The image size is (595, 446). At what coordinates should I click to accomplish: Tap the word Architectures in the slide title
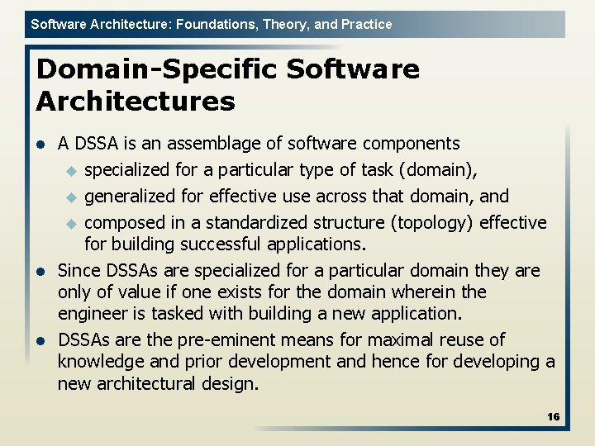[x=136, y=102]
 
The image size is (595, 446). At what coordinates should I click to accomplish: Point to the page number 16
[x=553, y=417]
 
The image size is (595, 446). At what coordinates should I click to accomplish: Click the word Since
[x=79, y=271]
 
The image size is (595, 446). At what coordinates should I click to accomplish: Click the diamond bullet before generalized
[x=70, y=197]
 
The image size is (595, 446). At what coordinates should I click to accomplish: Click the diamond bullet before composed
[x=70, y=224]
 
